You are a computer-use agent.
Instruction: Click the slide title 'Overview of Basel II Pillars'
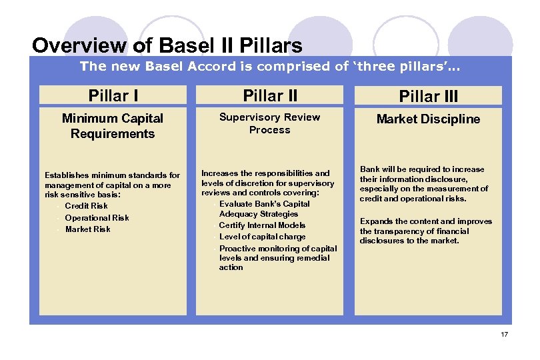167,46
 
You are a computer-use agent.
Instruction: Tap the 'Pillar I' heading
113,96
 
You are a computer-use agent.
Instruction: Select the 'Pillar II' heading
269,96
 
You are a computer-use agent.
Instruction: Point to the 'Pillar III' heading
428,97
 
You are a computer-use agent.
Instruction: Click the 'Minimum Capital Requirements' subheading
113,126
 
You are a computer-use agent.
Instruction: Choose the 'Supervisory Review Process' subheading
269,123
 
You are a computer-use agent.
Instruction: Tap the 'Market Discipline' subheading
428,119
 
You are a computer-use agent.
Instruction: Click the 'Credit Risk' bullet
86,206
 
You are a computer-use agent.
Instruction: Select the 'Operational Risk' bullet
97,217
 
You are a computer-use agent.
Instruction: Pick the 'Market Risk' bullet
88,229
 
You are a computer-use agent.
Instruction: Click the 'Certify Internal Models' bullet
262,225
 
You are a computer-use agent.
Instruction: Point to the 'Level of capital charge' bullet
262,237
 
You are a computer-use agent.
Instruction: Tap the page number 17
504,334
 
